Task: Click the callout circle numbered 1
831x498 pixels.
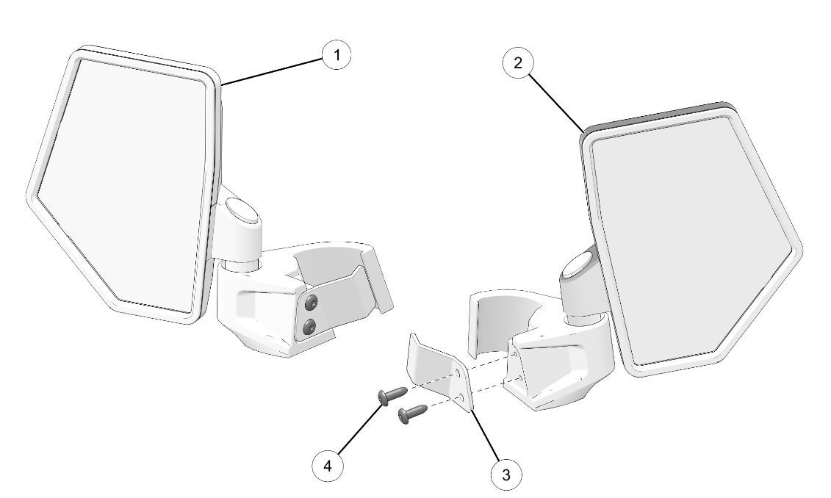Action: click(x=337, y=54)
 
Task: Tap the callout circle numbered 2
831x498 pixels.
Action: click(x=517, y=62)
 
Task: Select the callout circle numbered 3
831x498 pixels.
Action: click(x=506, y=474)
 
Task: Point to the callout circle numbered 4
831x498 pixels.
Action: click(x=327, y=466)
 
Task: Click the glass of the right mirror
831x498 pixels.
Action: click(x=694, y=239)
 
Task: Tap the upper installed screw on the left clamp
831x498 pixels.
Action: click(x=310, y=303)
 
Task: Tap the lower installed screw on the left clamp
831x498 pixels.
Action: click(x=309, y=327)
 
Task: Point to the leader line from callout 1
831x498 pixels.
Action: click(x=273, y=71)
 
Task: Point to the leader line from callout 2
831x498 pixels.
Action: click(x=555, y=102)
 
